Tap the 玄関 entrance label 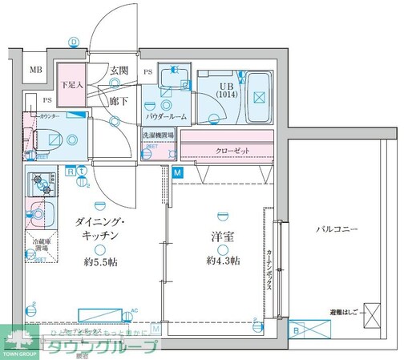coord(119,71)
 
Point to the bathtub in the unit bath coord(257,95)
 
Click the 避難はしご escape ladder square coord(371,313)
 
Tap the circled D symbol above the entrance coord(74,43)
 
